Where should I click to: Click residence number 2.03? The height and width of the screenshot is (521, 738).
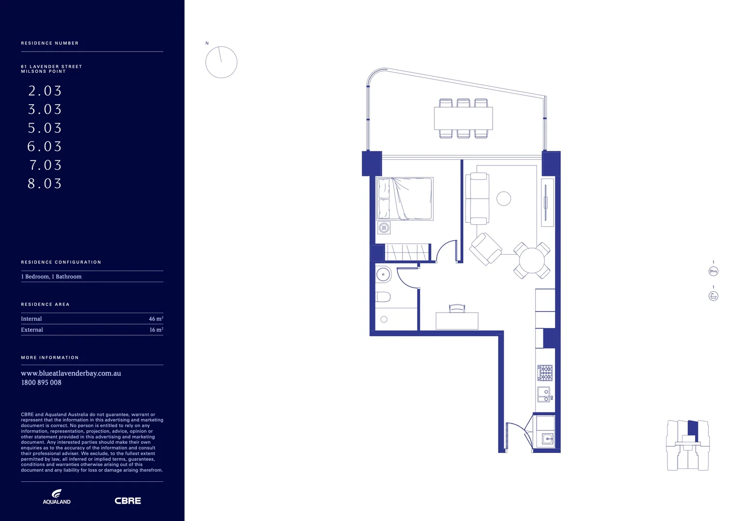click(x=45, y=91)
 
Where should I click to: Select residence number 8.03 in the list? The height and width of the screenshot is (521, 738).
click(x=45, y=184)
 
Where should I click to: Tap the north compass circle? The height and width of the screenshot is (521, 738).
click(x=221, y=62)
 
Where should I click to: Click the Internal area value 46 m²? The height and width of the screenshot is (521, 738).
click(x=156, y=319)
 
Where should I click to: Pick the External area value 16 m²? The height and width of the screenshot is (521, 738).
click(x=156, y=330)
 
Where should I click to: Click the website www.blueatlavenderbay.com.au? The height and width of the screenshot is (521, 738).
click(x=71, y=373)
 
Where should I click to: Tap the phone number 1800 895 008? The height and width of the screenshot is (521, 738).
click(x=41, y=383)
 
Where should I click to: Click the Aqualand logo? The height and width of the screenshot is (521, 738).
click(x=57, y=496)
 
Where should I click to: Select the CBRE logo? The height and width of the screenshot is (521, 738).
click(x=128, y=501)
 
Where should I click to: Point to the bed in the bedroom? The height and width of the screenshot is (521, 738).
click(x=405, y=199)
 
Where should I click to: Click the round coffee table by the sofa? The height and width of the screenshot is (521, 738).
click(x=504, y=198)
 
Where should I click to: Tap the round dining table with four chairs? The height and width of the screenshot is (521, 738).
click(x=532, y=260)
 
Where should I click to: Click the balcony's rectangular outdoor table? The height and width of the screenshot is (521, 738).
click(x=463, y=118)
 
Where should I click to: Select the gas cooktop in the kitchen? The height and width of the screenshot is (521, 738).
click(x=545, y=373)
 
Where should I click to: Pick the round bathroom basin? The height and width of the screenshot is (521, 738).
click(x=383, y=274)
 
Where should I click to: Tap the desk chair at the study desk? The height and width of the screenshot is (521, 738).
click(x=457, y=309)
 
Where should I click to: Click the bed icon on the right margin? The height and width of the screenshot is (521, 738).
click(x=713, y=272)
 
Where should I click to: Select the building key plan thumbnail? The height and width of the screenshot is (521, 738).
click(x=688, y=445)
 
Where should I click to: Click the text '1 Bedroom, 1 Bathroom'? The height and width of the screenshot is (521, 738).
click(x=51, y=276)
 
